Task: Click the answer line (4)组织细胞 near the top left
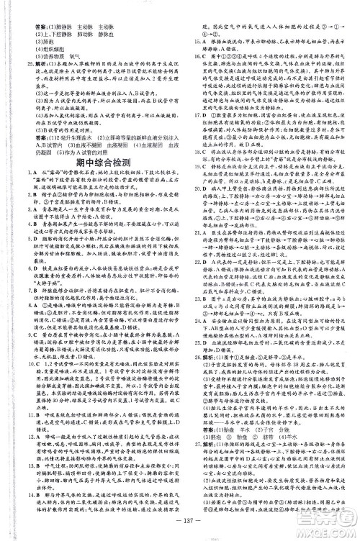(x=40, y=46)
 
